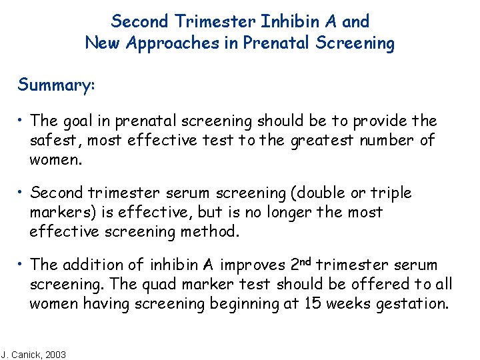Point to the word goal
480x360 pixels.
79,121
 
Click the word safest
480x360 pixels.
53,140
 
